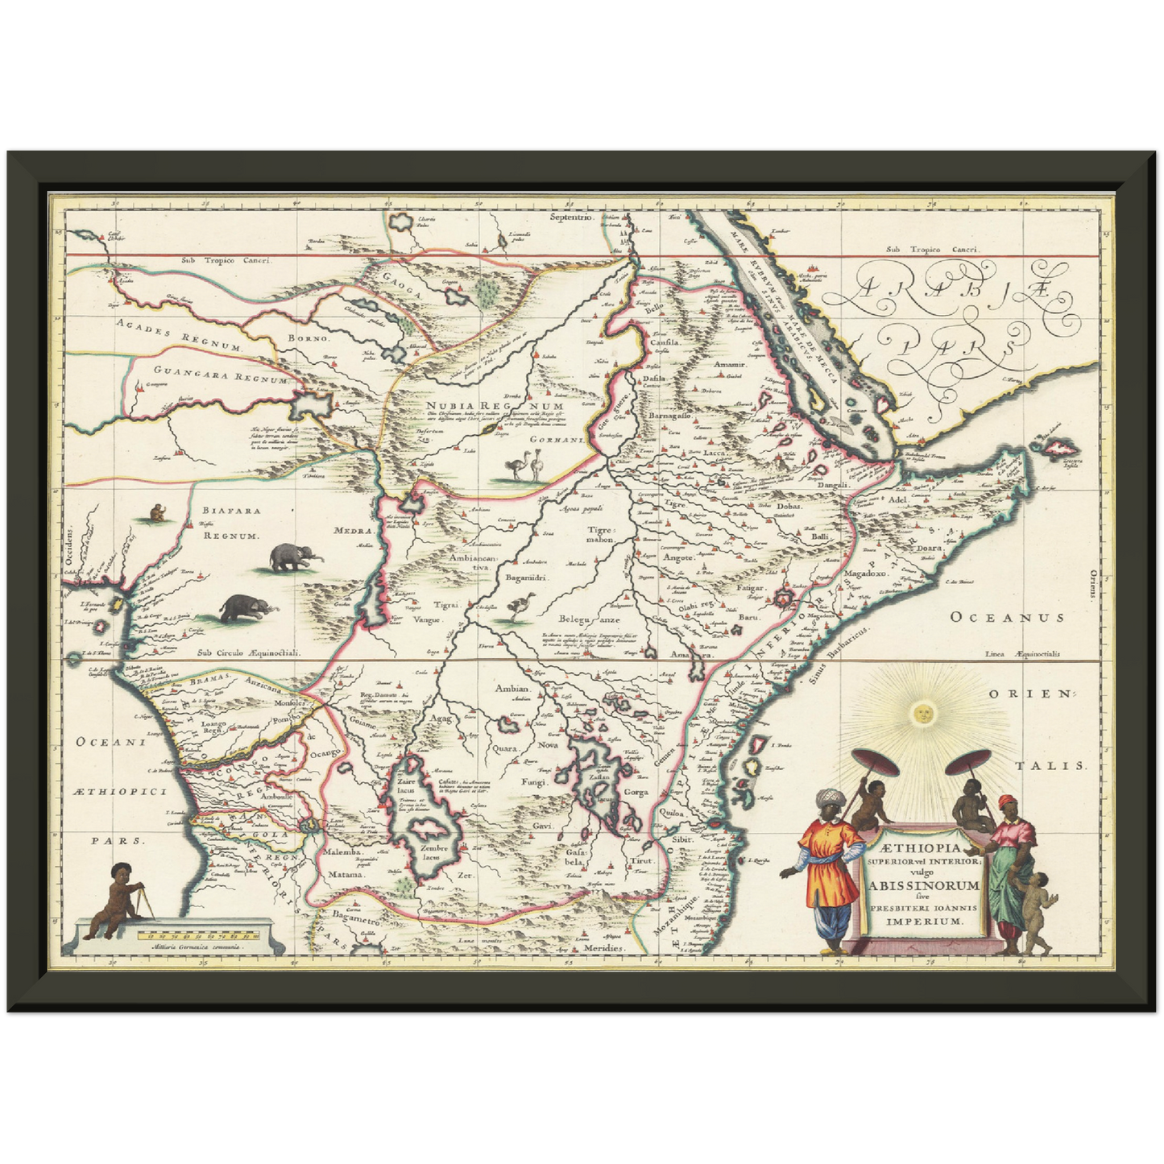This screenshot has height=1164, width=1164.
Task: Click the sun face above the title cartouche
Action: (x=923, y=712)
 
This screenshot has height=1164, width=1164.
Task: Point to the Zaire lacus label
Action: (x=404, y=785)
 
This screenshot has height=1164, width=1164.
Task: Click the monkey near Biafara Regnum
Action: (x=155, y=512)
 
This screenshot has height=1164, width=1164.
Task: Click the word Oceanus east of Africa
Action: (x=1006, y=617)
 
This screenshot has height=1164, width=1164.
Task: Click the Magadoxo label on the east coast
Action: (x=864, y=574)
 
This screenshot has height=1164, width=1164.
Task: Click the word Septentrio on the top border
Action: (x=570, y=217)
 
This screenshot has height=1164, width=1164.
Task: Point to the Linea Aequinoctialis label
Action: (x=1022, y=654)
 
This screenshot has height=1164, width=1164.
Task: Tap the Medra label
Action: (x=354, y=531)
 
